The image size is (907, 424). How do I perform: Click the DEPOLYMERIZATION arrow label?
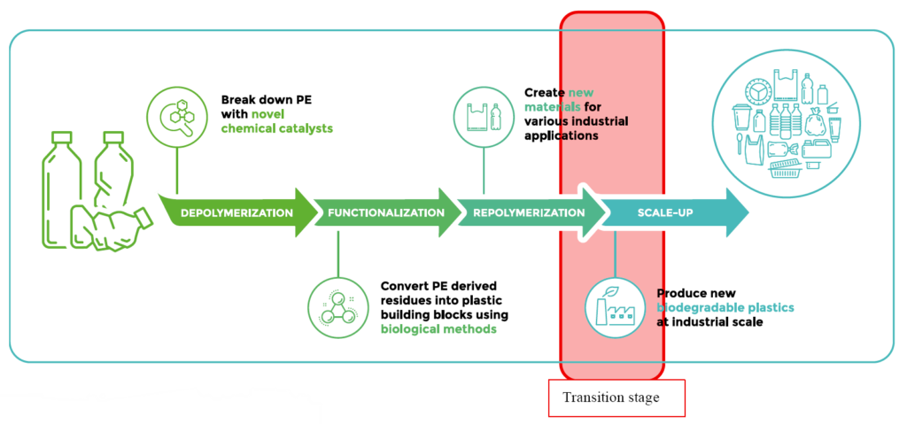coord(236,212)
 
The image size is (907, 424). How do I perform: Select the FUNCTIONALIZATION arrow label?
coord(385,212)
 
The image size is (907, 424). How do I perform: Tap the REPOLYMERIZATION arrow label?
coord(529,212)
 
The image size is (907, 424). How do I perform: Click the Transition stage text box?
coord(616,397)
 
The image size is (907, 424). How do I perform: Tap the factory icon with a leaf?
coord(615,305)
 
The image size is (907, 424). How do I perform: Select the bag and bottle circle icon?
coord(484,117)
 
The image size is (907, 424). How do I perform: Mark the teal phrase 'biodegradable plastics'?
coord(725,307)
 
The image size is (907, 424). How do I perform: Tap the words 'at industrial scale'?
coord(709,322)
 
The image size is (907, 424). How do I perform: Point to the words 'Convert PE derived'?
coord(438,286)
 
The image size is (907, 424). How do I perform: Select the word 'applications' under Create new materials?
coord(562,135)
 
